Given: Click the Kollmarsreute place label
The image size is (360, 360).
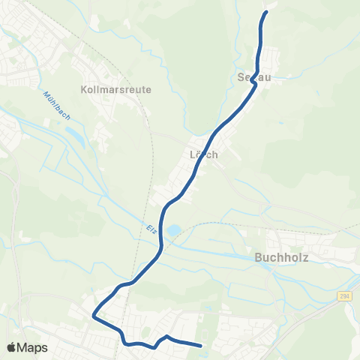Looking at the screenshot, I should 115,88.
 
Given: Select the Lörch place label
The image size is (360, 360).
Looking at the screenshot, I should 204,154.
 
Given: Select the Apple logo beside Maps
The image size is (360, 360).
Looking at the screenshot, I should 12,347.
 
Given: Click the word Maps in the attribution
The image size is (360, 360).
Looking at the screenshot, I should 34,347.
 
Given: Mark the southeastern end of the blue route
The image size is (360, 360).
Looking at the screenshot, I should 201,346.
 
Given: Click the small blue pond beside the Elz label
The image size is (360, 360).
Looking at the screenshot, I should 173,232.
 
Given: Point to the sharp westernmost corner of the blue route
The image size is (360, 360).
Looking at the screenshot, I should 94,316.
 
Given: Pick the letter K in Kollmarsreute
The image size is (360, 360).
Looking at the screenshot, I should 82,88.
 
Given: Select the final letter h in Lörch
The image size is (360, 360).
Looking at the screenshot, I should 214,154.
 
